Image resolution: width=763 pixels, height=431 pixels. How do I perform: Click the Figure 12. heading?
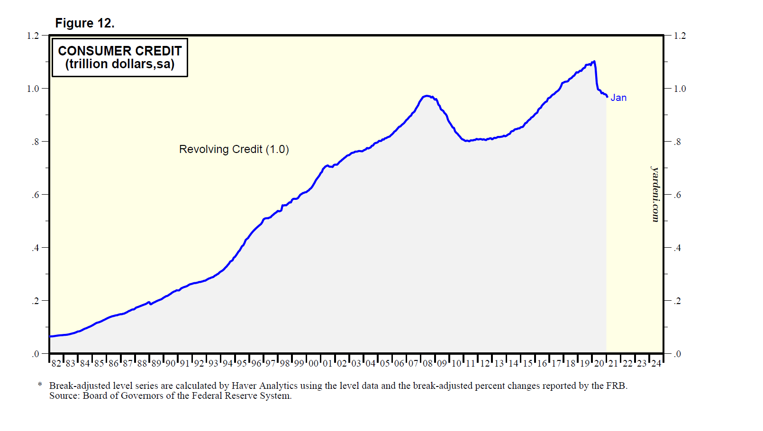click(x=85, y=23)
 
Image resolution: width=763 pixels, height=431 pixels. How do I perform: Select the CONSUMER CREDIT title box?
click(x=120, y=57)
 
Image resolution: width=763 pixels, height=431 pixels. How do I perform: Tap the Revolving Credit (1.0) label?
click(x=234, y=149)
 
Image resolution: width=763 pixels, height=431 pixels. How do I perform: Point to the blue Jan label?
click(x=618, y=98)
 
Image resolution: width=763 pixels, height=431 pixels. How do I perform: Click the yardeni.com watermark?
click(x=655, y=194)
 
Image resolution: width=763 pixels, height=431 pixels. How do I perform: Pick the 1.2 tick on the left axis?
click(x=33, y=36)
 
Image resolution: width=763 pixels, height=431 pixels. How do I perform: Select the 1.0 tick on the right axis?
click(x=680, y=89)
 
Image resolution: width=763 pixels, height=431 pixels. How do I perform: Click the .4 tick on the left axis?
click(x=35, y=248)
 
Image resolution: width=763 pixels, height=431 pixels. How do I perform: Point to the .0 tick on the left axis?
click(x=35, y=354)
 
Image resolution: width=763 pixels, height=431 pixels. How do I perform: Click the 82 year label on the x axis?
click(x=56, y=363)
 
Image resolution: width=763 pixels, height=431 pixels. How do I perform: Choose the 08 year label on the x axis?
click(x=427, y=363)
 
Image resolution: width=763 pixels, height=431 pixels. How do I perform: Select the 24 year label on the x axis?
click(x=656, y=363)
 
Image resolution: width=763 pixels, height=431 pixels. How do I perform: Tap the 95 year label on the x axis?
click(x=242, y=363)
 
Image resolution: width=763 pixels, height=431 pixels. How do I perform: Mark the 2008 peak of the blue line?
click(x=427, y=96)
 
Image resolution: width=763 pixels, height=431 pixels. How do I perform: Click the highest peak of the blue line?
click(x=594, y=61)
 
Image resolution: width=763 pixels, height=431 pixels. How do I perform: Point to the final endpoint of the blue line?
click(x=607, y=97)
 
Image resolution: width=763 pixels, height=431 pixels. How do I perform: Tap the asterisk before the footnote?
click(x=40, y=385)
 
